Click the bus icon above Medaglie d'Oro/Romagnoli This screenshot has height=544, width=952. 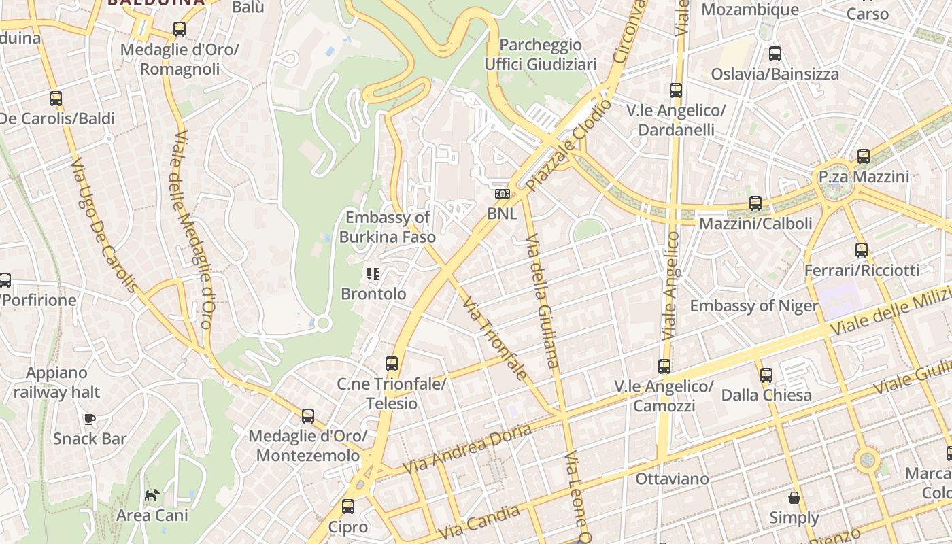click(x=179, y=29)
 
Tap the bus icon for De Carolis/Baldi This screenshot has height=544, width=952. click(x=56, y=99)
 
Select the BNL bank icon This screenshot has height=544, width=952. click(x=503, y=194)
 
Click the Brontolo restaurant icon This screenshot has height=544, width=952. click(x=373, y=274)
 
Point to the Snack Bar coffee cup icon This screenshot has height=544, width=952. click(x=89, y=419)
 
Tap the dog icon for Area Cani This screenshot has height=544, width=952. click(x=152, y=496)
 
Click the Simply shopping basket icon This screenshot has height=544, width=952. click(x=794, y=498)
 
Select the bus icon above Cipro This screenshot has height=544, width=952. click(x=348, y=507)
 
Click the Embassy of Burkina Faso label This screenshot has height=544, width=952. click(x=388, y=227)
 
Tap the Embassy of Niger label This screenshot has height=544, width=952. click(x=754, y=306)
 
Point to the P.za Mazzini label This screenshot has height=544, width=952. click(x=864, y=177)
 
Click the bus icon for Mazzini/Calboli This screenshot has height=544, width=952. click(x=755, y=203)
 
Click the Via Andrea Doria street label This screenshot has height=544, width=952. click(x=467, y=449)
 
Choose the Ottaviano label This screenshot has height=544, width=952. click(x=672, y=479)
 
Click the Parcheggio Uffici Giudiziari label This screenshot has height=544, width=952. click(x=541, y=54)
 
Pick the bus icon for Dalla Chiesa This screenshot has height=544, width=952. click(x=766, y=375)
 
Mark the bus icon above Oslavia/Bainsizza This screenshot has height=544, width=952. click(x=775, y=54)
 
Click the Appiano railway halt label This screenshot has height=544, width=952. click(x=56, y=382)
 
